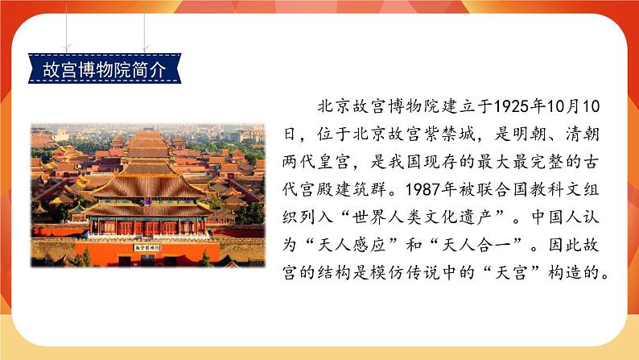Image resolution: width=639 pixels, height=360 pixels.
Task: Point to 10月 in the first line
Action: click(x=568, y=107)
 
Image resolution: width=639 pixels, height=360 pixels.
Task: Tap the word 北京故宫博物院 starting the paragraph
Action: click(x=373, y=107)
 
